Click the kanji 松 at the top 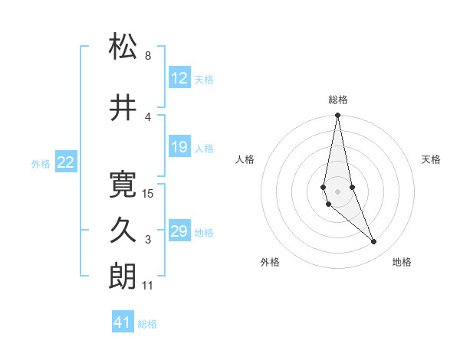point(123,47)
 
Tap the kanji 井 point(123,109)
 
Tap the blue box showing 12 point(179,78)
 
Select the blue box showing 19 point(179,147)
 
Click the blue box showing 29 point(179,231)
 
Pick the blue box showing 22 point(66,162)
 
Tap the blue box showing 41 point(123,322)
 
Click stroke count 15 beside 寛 point(149,194)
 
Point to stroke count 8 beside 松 point(148,56)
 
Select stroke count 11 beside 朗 point(148,286)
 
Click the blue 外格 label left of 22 point(41,163)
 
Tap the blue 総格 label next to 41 point(147,324)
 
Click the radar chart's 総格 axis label point(338,100)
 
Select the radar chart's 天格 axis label point(432,159)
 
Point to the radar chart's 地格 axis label point(402,262)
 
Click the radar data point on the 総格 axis point(338,116)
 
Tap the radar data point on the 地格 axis point(374,242)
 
